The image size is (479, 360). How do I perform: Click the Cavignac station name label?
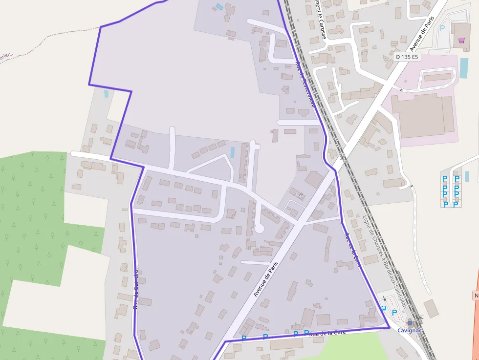pyautogui.click(x=409, y=331)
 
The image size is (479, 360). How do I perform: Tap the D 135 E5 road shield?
pyautogui.click(x=407, y=57)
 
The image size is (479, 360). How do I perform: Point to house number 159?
pyautogui.click(x=299, y=194)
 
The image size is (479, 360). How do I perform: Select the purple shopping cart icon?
pyautogui.click(x=461, y=41)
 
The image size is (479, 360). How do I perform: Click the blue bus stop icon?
pyautogui.click(x=384, y=308)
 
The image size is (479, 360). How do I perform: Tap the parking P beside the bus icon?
pyautogui.click(x=394, y=312)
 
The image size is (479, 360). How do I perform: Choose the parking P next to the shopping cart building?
pyautogui.click(x=442, y=28)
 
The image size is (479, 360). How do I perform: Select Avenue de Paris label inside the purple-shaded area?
pyautogui.click(x=262, y=278)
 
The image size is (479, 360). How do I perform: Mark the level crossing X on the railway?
pyautogui.click(x=343, y=157)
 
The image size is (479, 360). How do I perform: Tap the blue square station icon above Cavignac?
pyautogui.click(x=409, y=323)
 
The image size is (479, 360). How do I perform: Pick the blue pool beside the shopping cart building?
pyautogui.click(x=463, y=68)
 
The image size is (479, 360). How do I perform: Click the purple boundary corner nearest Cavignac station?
pyautogui.click(x=389, y=328)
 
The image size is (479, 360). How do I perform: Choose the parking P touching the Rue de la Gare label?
pyautogui.click(x=306, y=333)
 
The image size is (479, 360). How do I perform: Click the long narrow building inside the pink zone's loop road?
pyautogui.click(x=437, y=77)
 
